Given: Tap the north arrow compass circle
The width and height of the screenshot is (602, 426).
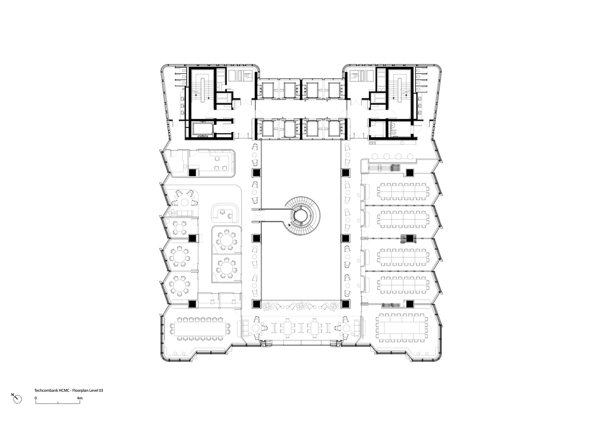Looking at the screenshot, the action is [x=18, y=399].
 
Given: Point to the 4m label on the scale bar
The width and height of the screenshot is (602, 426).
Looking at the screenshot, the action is [x=80, y=398].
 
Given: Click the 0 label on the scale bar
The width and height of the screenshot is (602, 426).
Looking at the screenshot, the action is [x=36, y=398].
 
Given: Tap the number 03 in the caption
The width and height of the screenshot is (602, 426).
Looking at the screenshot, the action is [x=101, y=390].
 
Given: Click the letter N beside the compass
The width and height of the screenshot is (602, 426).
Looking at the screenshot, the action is [x=12, y=395].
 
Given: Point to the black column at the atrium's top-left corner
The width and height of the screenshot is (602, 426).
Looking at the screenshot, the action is [x=257, y=173].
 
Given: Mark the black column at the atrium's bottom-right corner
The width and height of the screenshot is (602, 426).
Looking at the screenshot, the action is [x=346, y=304].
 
